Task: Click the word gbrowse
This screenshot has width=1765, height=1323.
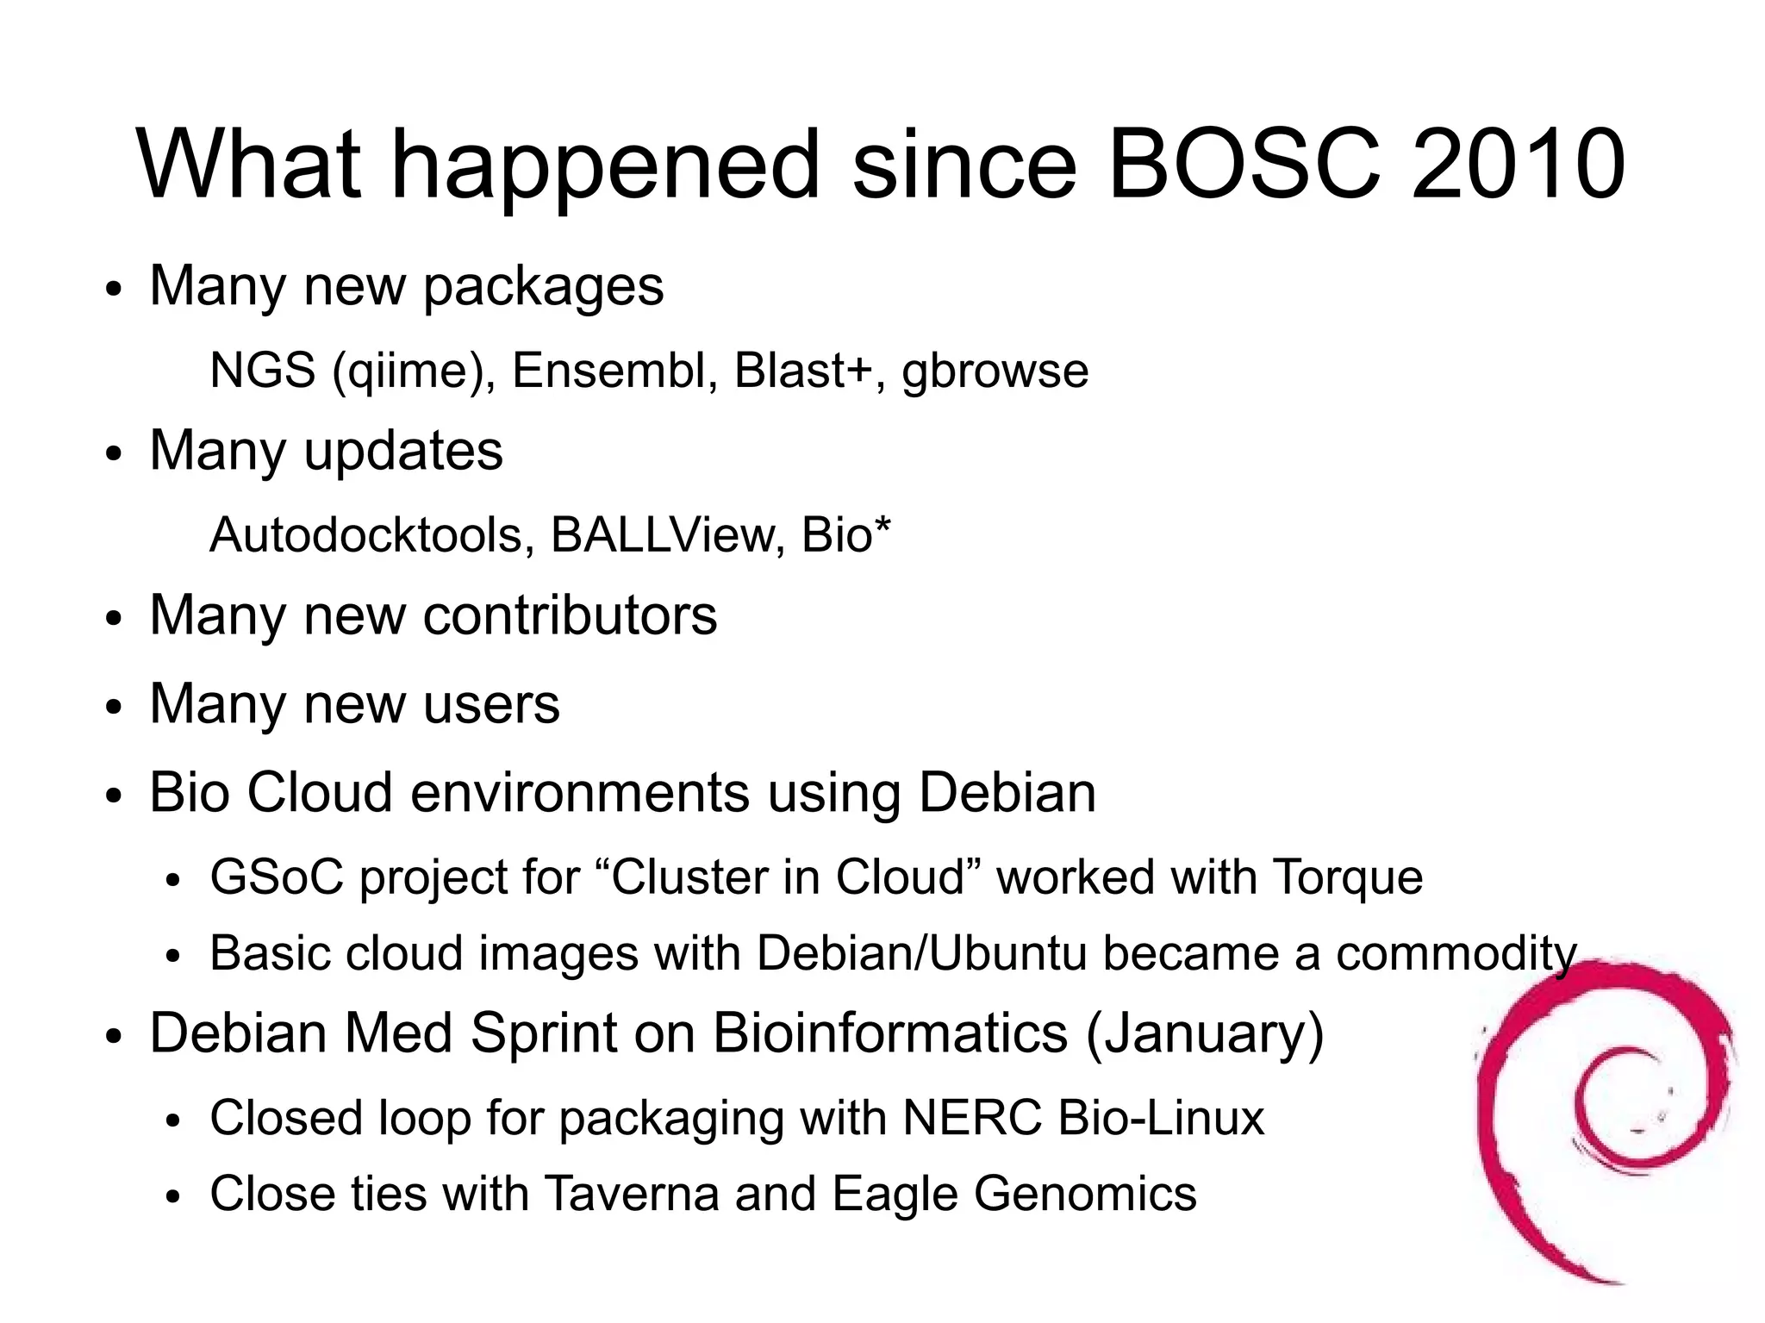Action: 995,372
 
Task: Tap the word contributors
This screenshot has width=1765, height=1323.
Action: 570,615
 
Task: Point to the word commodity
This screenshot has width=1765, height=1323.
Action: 1456,955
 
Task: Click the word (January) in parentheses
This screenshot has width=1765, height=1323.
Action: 1204,1033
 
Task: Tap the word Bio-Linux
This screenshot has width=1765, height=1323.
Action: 1161,1118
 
